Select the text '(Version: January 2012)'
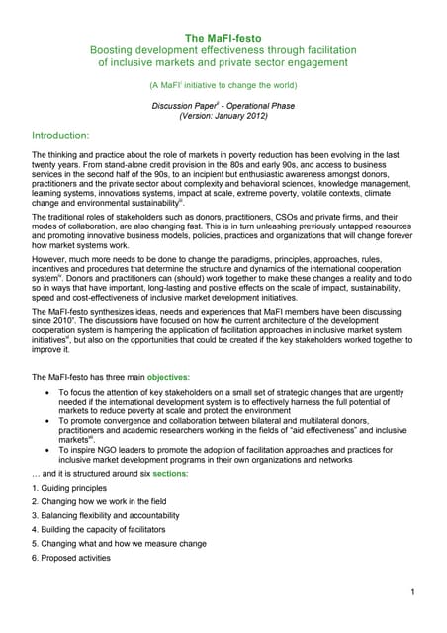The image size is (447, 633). click(x=223, y=115)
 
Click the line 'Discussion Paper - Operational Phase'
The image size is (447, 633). click(x=223, y=104)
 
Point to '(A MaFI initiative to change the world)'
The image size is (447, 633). click(x=223, y=85)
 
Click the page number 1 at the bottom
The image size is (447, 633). click(x=409, y=591)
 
